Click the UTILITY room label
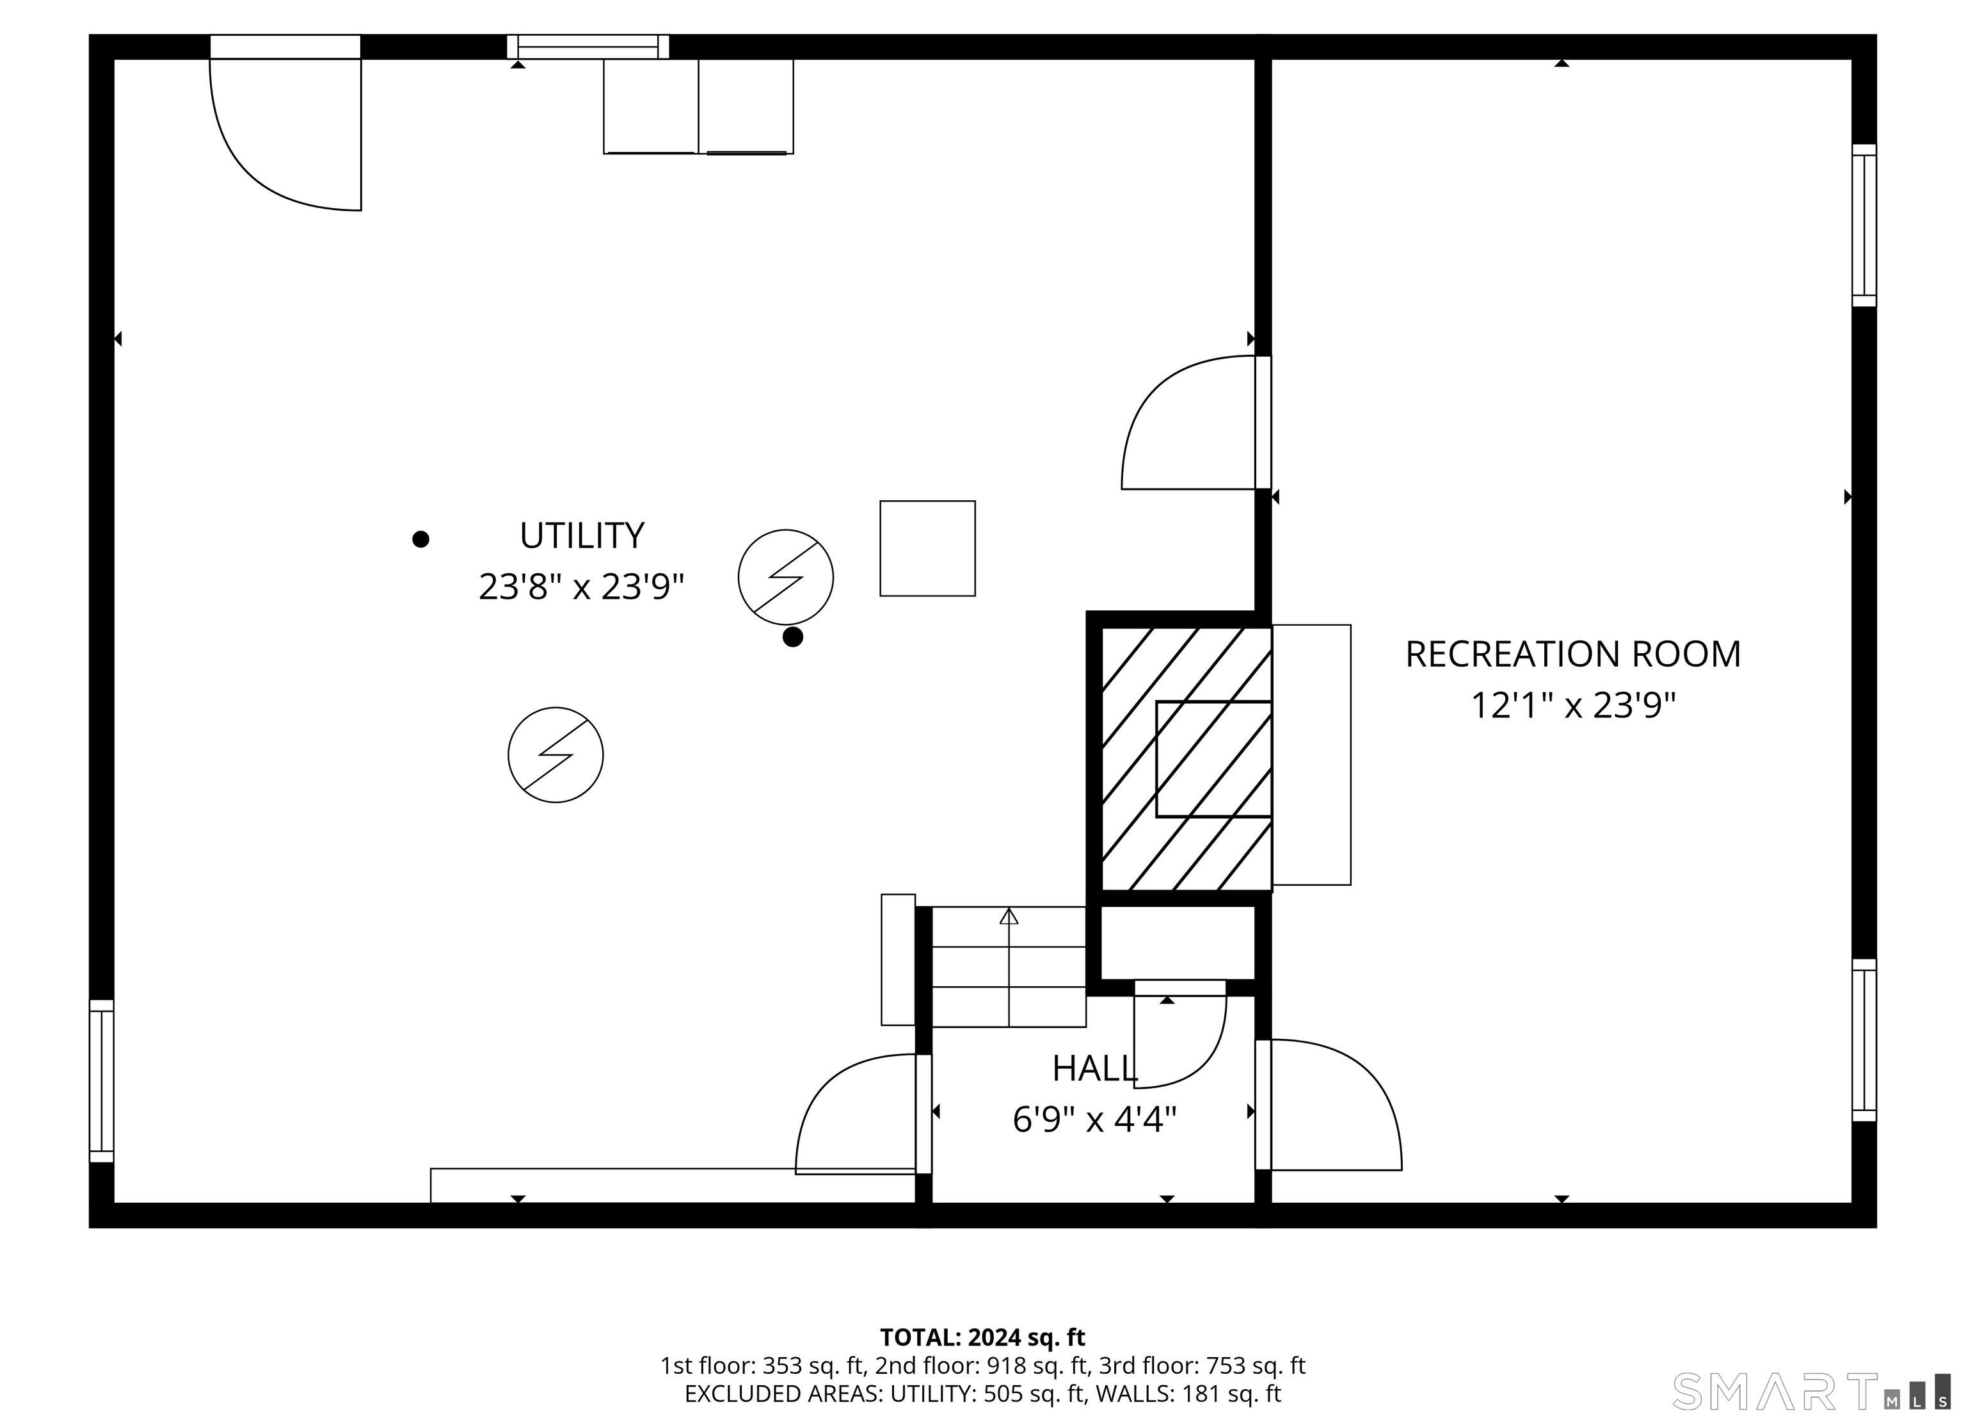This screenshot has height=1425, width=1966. (x=582, y=536)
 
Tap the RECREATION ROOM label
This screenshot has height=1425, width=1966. (x=1572, y=655)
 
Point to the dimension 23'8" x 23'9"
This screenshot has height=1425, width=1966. (x=582, y=587)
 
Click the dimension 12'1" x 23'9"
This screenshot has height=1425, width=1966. (x=1572, y=706)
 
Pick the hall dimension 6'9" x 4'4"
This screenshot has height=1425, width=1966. (x=1094, y=1120)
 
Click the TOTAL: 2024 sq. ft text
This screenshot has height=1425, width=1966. (x=982, y=1337)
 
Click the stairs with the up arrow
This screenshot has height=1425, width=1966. (x=1008, y=966)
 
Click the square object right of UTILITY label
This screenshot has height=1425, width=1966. (x=927, y=548)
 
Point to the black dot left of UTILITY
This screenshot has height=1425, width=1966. (x=420, y=539)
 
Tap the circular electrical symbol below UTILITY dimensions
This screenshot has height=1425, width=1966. (x=555, y=754)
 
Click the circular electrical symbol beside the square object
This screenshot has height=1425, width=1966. (x=785, y=577)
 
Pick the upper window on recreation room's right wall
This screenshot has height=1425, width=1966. (x=1864, y=225)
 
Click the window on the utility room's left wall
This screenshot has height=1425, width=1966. (x=101, y=1080)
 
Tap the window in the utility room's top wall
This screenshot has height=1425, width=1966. (x=587, y=47)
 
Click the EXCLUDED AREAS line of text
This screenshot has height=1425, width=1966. (x=982, y=1394)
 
